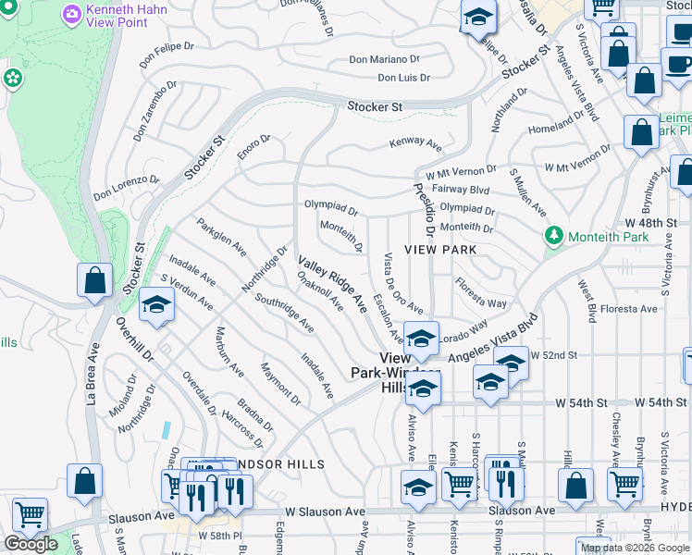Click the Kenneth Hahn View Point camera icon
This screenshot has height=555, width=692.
[72, 15]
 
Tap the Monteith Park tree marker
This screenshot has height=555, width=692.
[554, 236]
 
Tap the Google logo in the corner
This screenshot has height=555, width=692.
[31, 544]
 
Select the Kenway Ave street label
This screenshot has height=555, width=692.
[415, 143]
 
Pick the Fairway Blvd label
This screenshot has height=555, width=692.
[465, 190]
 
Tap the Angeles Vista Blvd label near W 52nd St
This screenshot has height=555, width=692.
[492, 340]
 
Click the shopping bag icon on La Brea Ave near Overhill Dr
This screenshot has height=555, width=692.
[95, 280]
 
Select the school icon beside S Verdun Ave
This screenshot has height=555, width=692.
[156, 306]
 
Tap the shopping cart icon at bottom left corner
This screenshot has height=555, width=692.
[30, 514]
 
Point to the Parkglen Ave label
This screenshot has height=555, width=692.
[221, 237]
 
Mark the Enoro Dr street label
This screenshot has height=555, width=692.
[253, 147]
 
